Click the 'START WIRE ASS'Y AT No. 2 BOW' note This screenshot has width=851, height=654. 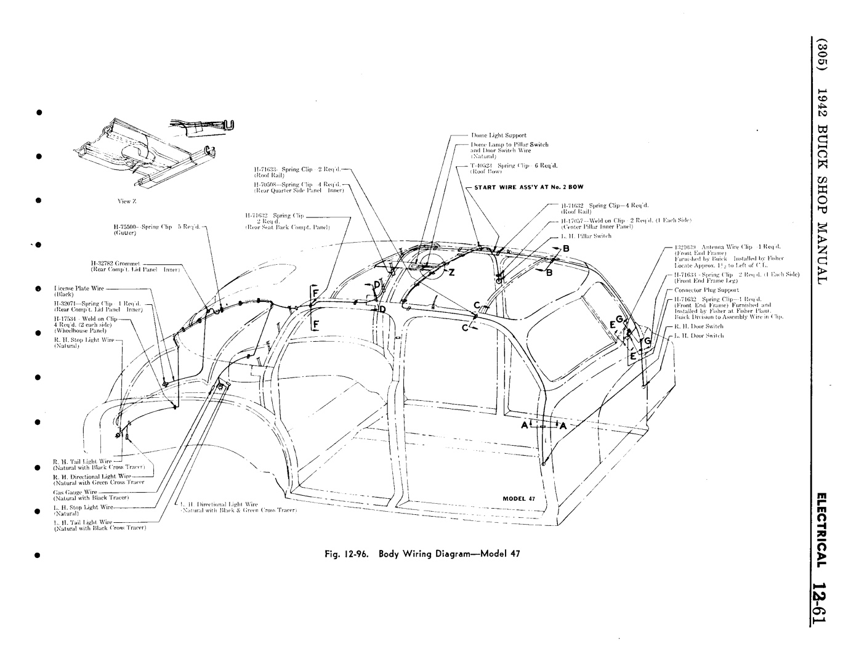(527, 186)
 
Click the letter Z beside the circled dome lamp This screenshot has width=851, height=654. (451, 273)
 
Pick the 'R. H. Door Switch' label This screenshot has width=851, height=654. (698, 326)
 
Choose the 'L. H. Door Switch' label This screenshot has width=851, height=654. (698, 336)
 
